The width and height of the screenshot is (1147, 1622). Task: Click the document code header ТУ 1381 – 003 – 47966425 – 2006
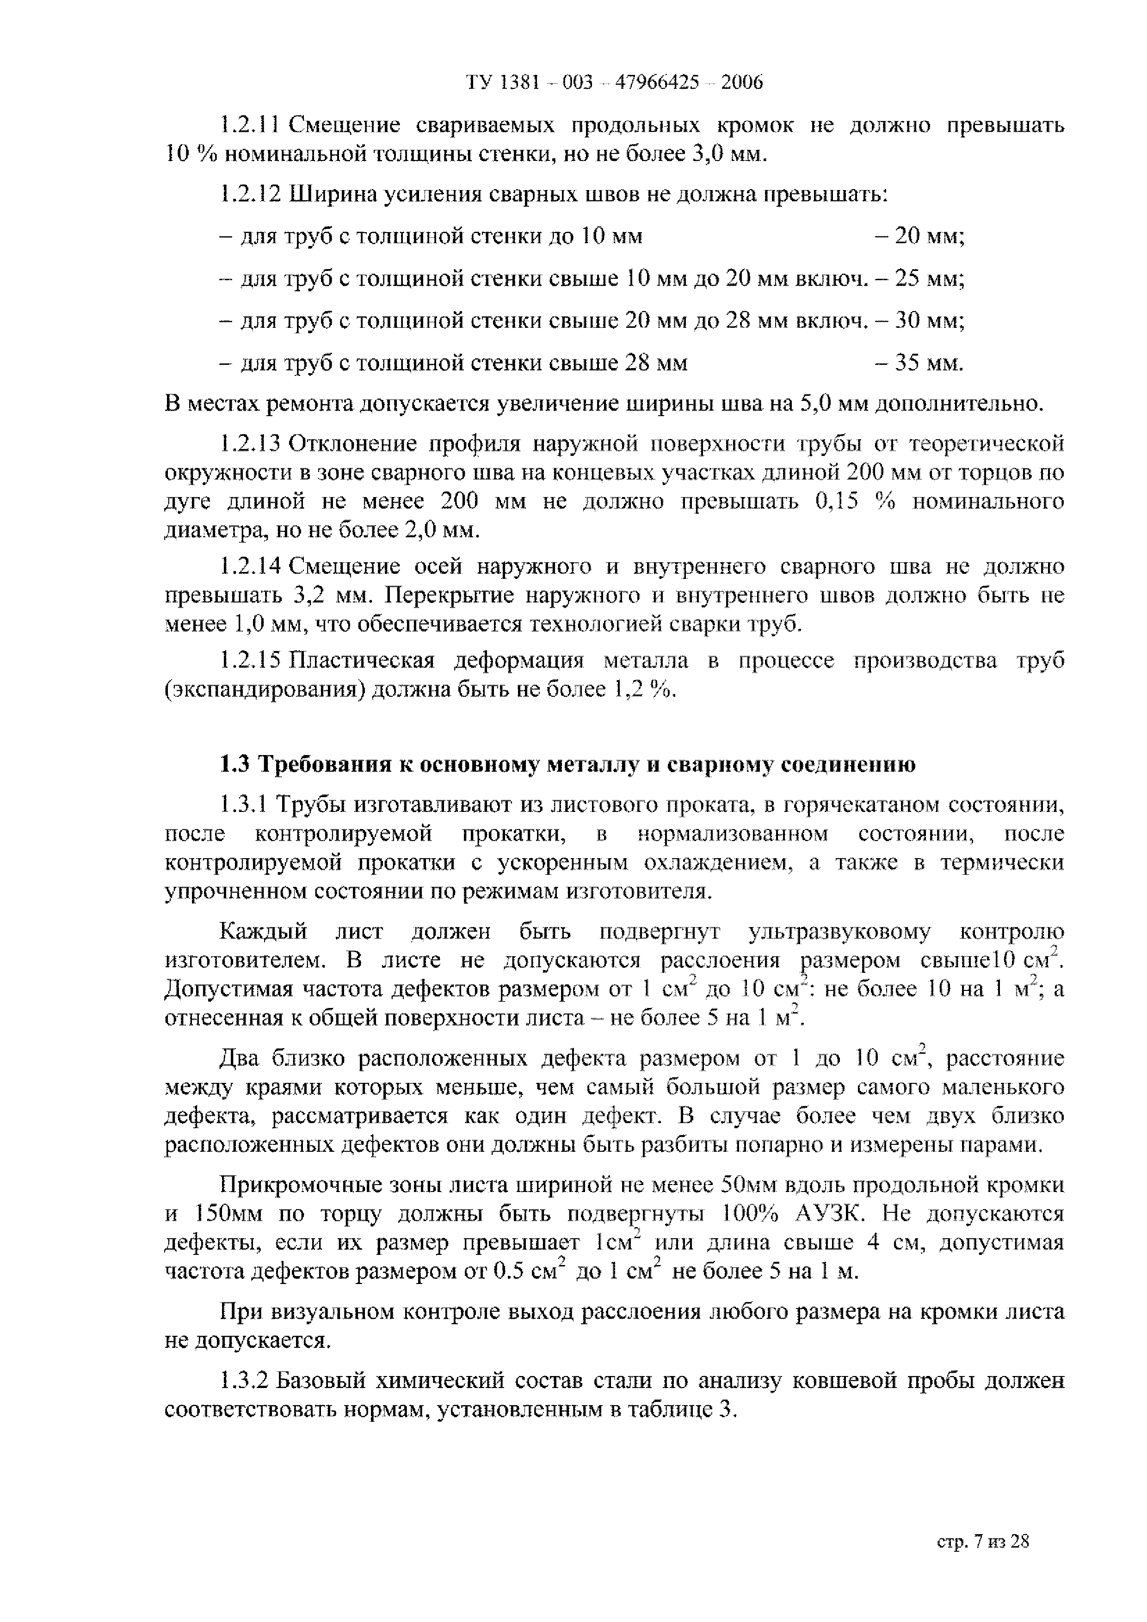coord(614,83)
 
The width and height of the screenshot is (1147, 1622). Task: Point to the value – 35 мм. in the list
coord(919,364)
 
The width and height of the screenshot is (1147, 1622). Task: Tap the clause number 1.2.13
coord(250,444)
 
